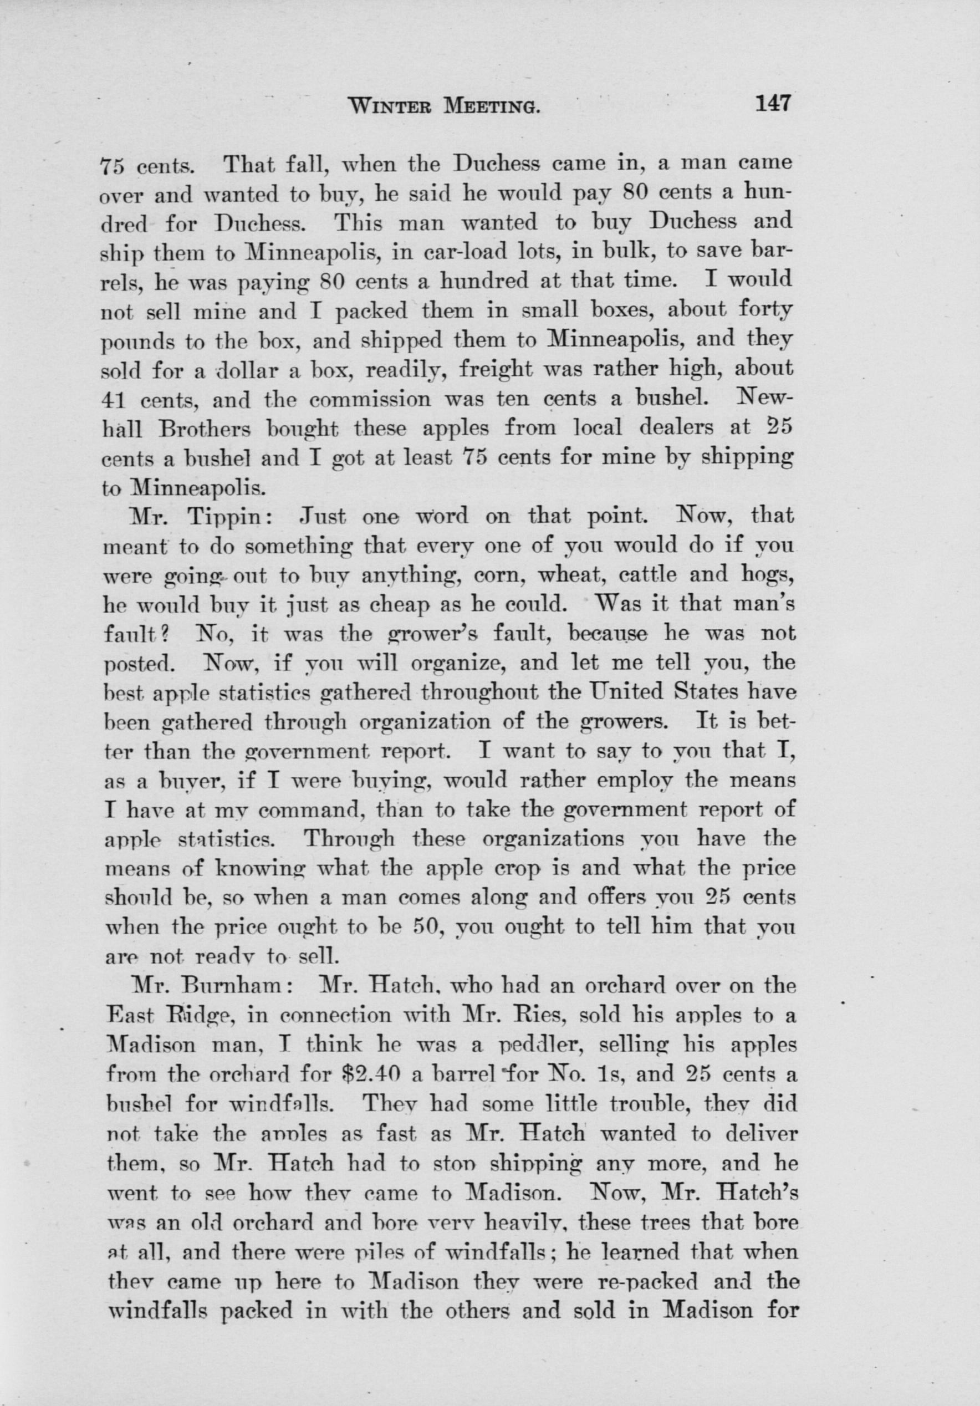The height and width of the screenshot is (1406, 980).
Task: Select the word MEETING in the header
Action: point(492,108)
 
